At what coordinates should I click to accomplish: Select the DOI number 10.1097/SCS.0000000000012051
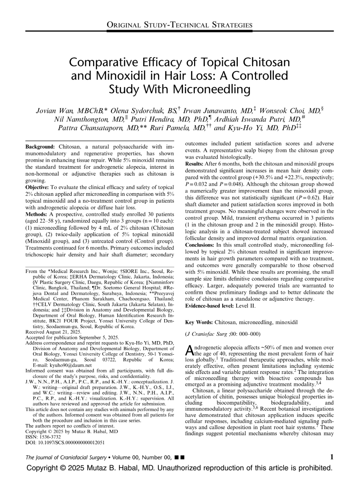coord(69,442)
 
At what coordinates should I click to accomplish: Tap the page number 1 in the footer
coord(332,457)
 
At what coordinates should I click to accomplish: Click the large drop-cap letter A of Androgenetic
coord(189,350)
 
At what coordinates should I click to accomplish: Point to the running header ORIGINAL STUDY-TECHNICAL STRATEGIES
coord(180,25)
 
